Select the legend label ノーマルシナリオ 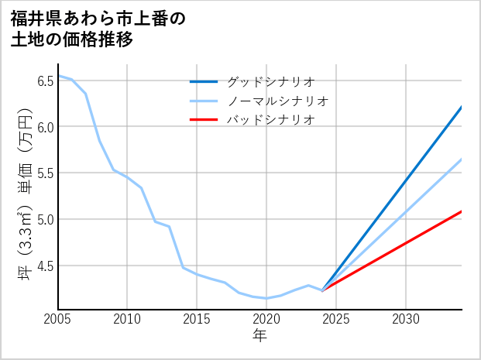point(278,101)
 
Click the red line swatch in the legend point(204,120)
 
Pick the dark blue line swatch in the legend point(204,81)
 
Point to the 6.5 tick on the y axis point(44,80)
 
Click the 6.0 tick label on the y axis point(44,126)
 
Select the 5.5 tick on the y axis point(44,173)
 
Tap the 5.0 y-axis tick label point(44,219)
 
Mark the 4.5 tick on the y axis point(44,266)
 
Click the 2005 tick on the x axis point(58,319)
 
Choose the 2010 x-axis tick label point(128,319)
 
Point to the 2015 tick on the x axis point(198,319)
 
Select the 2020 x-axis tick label point(266,319)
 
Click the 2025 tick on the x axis point(336,319)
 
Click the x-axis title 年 point(260,336)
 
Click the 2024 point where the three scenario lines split point(322,290)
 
